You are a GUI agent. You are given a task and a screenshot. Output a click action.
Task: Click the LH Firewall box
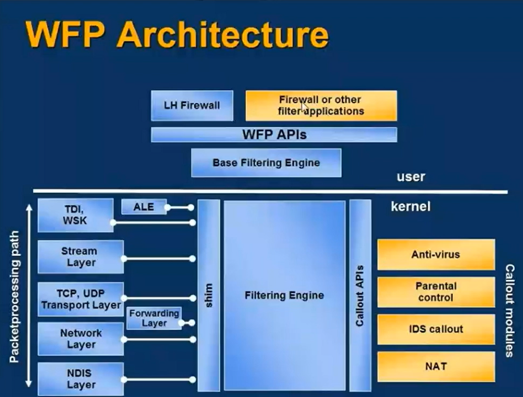(x=192, y=105)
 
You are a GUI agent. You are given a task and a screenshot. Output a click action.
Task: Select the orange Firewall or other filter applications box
(x=321, y=105)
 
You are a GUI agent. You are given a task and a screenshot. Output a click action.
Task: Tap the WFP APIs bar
(x=274, y=135)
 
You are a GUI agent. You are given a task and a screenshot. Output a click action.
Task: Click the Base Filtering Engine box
(x=266, y=162)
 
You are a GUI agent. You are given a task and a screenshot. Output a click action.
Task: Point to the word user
(x=411, y=177)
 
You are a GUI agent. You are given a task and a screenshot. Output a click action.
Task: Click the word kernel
(x=410, y=206)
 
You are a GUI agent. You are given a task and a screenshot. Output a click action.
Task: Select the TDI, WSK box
(x=75, y=215)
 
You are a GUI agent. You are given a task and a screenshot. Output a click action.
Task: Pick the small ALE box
(x=144, y=207)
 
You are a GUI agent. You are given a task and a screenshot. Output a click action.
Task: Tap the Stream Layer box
(x=80, y=257)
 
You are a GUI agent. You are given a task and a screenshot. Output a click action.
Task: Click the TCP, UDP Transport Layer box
(x=80, y=299)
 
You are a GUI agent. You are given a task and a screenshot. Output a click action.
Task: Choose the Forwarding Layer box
(x=154, y=318)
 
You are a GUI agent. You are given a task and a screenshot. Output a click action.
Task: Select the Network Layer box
(x=80, y=339)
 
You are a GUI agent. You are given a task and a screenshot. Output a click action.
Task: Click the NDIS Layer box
(x=80, y=379)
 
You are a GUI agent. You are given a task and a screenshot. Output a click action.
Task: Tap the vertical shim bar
(x=208, y=295)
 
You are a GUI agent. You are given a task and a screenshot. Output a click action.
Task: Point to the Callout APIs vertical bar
(x=360, y=295)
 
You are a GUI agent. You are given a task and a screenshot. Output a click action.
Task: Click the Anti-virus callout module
(x=436, y=255)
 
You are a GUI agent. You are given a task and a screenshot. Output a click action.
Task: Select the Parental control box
(x=436, y=292)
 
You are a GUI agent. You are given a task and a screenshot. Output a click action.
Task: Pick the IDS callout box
(x=436, y=329)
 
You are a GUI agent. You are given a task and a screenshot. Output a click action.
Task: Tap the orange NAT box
(x=436, y=366)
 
